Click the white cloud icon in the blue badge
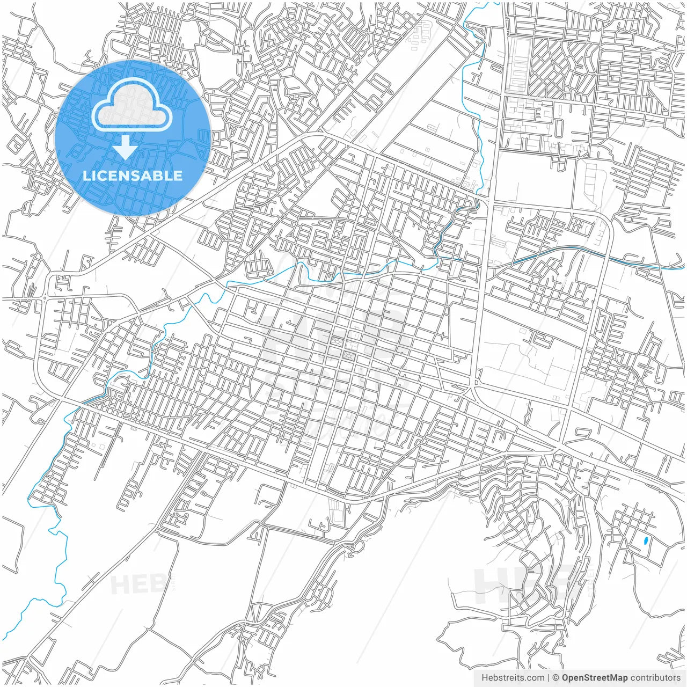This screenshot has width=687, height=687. pos(131,109)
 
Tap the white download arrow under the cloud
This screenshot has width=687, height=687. pos(126,147)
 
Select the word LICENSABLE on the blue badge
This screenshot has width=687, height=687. pos(132,176)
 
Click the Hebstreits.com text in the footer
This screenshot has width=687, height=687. pos(513,678)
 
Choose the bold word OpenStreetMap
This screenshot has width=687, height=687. pos(594,678)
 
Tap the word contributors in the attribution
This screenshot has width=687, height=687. pos(655,678)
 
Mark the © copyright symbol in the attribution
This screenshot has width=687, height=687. pos(556,678)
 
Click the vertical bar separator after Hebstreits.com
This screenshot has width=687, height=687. pos(549,678)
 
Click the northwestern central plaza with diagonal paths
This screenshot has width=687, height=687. pos(338,341)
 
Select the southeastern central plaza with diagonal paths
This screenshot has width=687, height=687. pos(349,356)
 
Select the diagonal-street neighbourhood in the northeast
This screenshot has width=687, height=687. pos(558,70)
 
